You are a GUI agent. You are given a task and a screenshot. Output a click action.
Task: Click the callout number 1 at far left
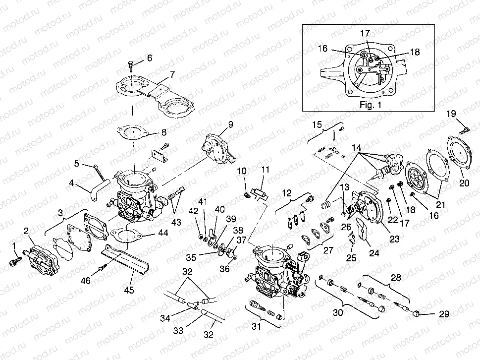tap(14, 245)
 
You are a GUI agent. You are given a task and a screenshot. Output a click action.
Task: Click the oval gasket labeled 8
tap(130, 131)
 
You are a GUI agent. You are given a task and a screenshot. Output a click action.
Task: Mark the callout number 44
tap(163, 233)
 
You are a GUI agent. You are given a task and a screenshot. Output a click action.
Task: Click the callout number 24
tap(373, 253)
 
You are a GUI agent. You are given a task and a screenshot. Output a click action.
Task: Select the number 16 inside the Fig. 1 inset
tap(322, 49)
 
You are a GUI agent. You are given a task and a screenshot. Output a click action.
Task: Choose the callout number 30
tap(337, 313)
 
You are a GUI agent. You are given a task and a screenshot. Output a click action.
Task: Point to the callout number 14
tap(356, 148)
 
